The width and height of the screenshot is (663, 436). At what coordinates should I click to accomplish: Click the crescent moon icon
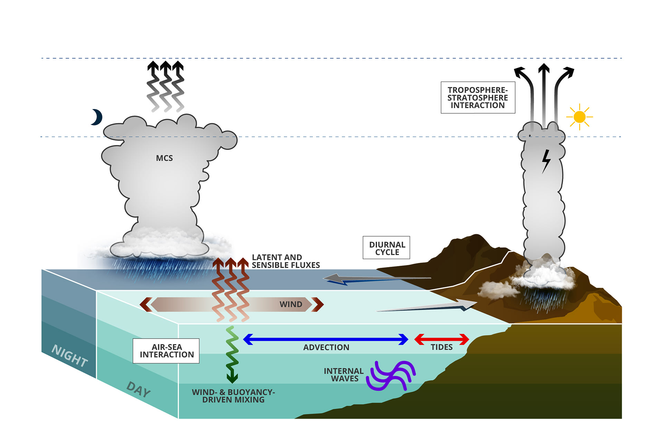(x=97, y=117)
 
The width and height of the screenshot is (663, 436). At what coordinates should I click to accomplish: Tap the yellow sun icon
(x=579, y=117)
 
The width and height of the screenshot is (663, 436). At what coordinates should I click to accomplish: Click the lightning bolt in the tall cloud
(x=546, y=161)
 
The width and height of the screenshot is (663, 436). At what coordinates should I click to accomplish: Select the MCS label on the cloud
(x=164, y=158)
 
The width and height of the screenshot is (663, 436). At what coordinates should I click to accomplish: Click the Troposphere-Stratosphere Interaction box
(x=478, y=98)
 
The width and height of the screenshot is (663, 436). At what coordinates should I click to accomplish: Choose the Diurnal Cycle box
(x=386, y=248)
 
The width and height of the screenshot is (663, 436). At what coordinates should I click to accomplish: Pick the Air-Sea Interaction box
(x=166, y=351)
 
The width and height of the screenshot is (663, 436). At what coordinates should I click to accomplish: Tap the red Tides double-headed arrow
(x=442, y=339)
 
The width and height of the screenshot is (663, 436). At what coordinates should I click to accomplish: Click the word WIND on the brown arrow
(x=291, y=304)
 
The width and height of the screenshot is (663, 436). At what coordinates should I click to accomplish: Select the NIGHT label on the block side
(x=69, y=356)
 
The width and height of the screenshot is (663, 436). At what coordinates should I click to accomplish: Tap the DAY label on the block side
(x=138, y=389)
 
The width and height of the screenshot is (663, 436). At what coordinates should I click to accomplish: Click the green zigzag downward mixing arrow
(x=232, y=354)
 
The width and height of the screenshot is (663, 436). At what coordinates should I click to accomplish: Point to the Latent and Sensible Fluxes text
(x=286, y=261)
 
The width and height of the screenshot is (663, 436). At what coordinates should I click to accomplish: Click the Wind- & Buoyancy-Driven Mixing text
(x=233, y=396)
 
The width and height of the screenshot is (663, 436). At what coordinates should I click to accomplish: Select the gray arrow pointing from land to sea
(x=376, y=278)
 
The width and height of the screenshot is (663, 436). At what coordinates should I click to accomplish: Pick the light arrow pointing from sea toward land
(x=428, y=306)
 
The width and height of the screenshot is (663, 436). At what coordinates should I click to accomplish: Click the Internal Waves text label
(x=344, y=375)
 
